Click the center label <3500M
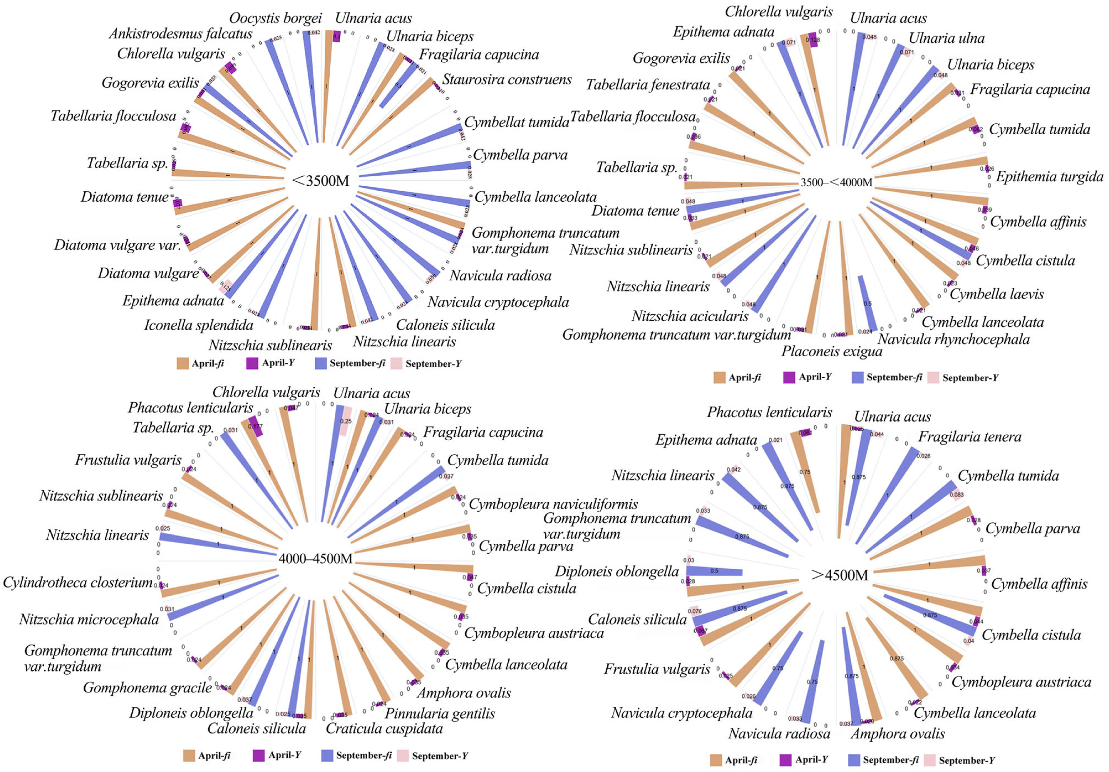pos(321,181)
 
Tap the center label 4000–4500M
pos(315,559)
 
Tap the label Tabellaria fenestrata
pos(648,85)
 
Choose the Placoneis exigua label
pos(832,351)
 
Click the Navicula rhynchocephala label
pos(954,339)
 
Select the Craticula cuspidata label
pos(384,728)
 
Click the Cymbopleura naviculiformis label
pos(553,504)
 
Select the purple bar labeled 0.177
pos(256,426)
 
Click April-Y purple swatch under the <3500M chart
pos(252,363)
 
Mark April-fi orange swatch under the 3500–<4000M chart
pos(719,377)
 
